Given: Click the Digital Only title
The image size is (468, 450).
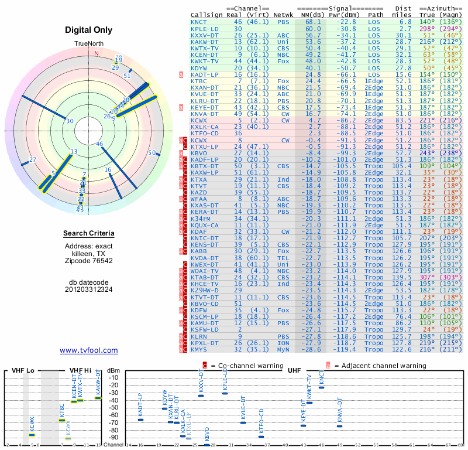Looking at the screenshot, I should (x=88, y=30).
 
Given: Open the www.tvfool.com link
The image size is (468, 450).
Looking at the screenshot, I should (x=88, y=350).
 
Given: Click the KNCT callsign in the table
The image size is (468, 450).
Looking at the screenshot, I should (x=199, y=21).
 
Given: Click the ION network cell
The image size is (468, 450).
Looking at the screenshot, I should (x=284, y=343).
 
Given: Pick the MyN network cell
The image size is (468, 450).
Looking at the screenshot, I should (x=284, y=349).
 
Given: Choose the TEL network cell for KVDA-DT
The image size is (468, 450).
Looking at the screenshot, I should (x=284, y=257).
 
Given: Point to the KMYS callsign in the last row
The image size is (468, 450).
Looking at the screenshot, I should (x=199, y=349).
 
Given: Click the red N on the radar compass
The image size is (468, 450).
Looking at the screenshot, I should (x=97, y=53).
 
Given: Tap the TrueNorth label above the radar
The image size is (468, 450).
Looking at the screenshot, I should (x=88, y=44).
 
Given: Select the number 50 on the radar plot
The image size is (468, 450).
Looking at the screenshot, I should (x=152, y=153).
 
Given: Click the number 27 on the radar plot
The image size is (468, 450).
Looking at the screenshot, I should (x=33, y=160).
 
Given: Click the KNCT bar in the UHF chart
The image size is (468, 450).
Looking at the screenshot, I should (x=321, y=387).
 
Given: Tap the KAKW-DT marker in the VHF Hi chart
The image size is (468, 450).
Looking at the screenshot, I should (x=98, y=398).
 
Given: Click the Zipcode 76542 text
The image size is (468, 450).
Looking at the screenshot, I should (x=88, y=261).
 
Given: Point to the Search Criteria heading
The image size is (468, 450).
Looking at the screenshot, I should (x=88, y=234).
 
